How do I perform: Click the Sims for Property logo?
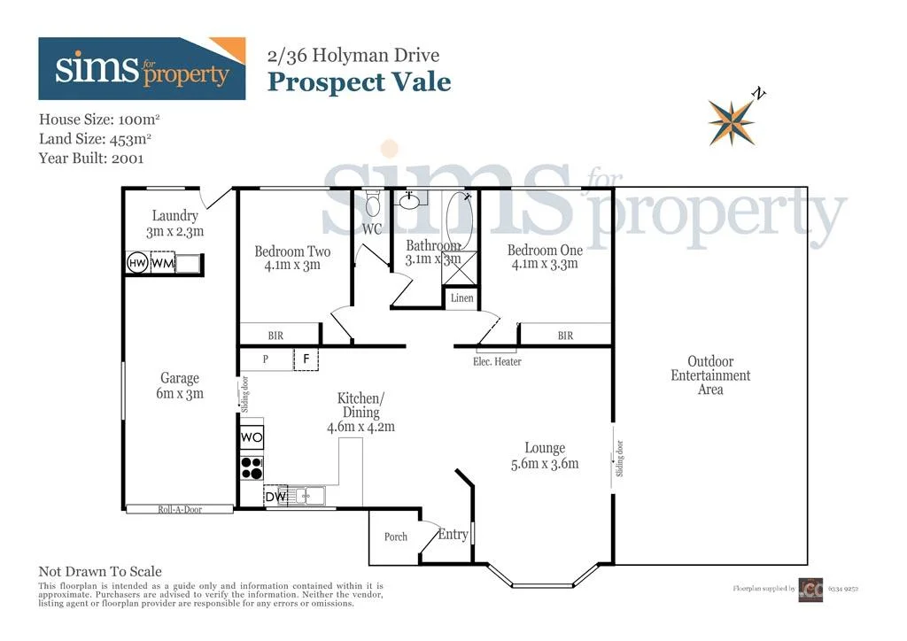point(142,69)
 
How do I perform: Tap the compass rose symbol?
point(732,121)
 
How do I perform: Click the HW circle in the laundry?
point(137,264)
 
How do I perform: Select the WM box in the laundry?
point(162,264)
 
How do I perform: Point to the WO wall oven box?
point(252,437)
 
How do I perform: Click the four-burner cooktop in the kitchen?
point(252,467)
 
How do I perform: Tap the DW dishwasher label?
point(275,498)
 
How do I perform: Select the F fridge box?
point(306,359)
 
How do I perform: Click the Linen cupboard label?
point(461,298)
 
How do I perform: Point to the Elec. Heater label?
point(497,361)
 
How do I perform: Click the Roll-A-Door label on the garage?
point(180,509)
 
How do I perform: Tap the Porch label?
point(396,537)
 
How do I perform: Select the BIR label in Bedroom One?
point(565,336)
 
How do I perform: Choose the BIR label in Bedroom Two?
point(275,336)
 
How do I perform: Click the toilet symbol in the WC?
point(373,206)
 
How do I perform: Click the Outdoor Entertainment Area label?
point(710,375)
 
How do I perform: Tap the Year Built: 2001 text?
point(91,158)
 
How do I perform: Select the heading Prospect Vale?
point(359,82)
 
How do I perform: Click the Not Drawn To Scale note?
point(100,572)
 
